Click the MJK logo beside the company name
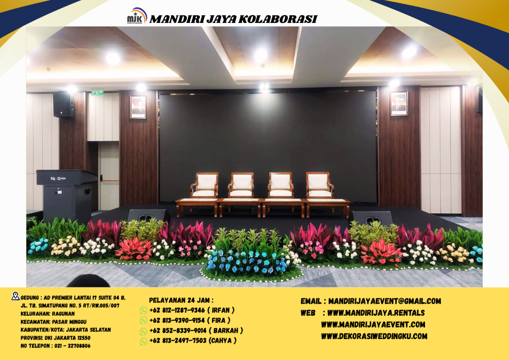click(x=137, y=16)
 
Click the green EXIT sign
click(x=97, y=92)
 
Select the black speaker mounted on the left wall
click(x=63, y=104)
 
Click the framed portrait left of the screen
click(x=138, y=106)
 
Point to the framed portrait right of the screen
click(x=399, y=103)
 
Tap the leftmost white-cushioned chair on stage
click(x=204, y=185)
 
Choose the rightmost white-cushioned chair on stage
click(x=319, y=185)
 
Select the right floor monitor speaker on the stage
click(x=372, y=218)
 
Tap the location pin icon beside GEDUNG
click(x=15, y=296)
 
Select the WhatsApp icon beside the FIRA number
click(x=143, y=321)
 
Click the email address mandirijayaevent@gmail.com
click(x=384, y=301)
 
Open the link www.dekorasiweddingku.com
click(x=374, y=336)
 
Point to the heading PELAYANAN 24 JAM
click(x=181, y=300)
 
